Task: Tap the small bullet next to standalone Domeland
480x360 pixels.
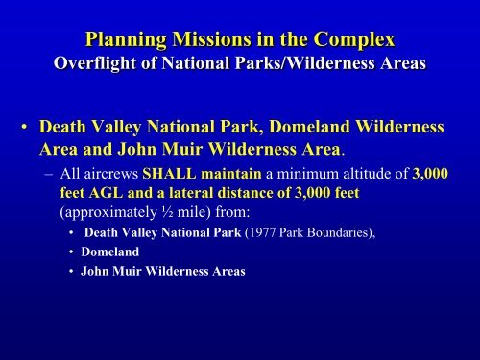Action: click(x=71, y=252)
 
